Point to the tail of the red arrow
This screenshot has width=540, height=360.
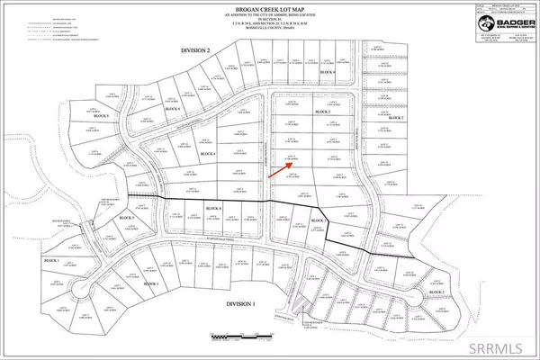point(268,180)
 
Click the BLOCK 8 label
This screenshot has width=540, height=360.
point(214,209)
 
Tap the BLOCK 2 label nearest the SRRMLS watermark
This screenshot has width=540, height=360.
point(436,292)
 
